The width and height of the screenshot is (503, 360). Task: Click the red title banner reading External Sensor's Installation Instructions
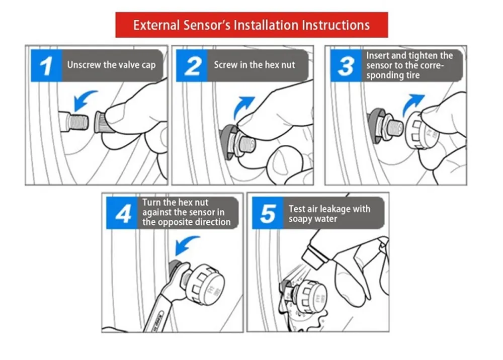click(251, 25)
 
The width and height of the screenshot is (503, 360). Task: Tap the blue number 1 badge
click(46, 65)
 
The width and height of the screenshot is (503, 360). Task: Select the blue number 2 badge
click(192, 65)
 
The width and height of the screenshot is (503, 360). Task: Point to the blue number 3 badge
click(346, 65)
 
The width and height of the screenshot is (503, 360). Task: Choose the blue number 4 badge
click(122, 213)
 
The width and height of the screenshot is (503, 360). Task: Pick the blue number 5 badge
click(268, 213)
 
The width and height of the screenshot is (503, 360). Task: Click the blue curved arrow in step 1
click(84, 100)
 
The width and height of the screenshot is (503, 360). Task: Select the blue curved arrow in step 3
click(412, 105)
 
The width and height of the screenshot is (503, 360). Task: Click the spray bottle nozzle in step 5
click(314, 256)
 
